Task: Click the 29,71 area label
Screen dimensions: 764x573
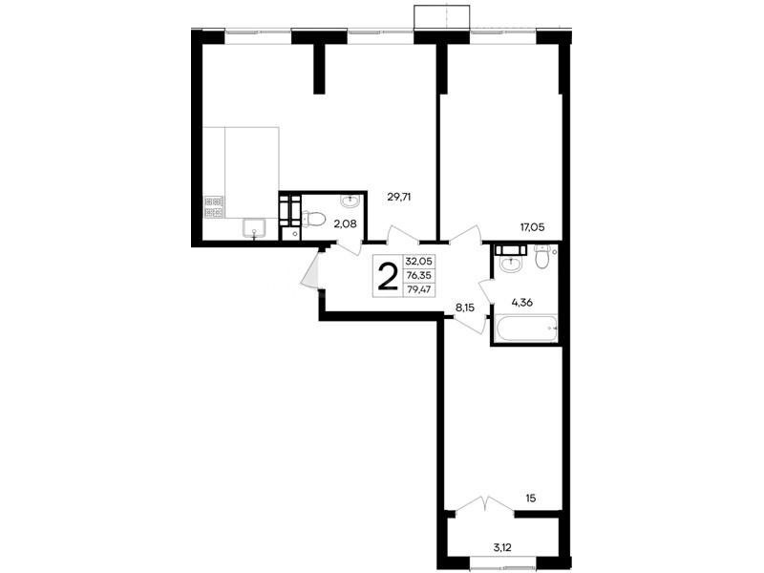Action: coord(398,197)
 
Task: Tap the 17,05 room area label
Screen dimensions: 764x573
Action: coord(532,226)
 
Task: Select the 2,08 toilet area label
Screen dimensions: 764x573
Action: coord(345,224)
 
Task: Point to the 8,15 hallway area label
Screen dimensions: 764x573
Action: coord(465,308)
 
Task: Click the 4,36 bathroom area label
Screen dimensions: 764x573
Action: coord(521,302)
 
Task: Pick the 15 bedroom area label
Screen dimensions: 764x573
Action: coord(531,498)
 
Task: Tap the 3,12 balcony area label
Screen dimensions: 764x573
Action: coord(502,547)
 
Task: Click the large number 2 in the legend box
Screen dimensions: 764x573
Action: coord(388,276)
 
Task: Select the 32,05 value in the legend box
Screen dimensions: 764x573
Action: coord(418,261)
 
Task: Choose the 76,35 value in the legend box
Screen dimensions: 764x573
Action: coord(418,275)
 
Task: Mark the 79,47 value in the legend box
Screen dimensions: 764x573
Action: coord(418,290)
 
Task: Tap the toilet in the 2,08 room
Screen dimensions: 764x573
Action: coord(313,220)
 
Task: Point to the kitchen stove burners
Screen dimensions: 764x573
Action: coord(213,206)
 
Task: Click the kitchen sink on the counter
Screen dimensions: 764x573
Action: coord(253,229)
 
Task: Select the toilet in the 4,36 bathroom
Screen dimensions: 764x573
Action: coord(541,256)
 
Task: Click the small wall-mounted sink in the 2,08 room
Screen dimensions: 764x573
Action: coord(350,201)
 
